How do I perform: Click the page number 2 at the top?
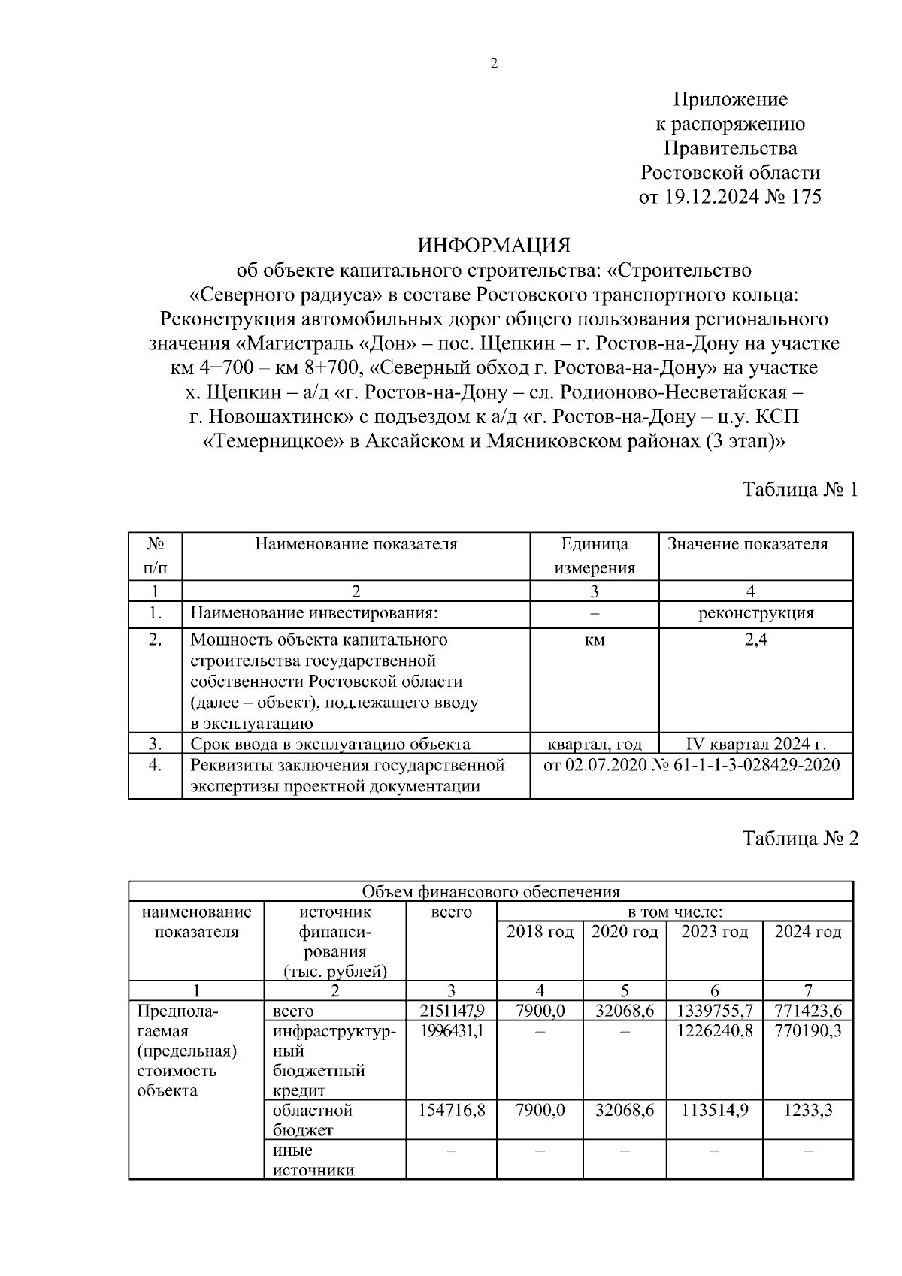(x=494, y=65)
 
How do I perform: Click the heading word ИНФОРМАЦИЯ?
(x=494, y=245)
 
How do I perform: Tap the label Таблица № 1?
(x=800, y=490)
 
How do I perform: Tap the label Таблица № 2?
(x=800, y=838)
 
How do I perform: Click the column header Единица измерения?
(x=595, y=555)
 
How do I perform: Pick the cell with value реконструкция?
(x=755, y=613)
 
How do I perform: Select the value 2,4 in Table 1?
(x=755, y=640)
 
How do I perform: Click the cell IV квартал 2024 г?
(x=755, y=745)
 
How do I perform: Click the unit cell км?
(x=595, y=640)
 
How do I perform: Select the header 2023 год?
(x=714, y=932)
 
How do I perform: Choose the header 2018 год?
(x=540, y=932)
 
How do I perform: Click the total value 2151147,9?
(x=451, y=1011)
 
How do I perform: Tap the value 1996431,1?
(x=451, y=1031)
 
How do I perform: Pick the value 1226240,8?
(x=714, y=1031)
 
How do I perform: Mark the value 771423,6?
(x=808, y=1011)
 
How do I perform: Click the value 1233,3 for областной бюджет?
(x=808, y=1110)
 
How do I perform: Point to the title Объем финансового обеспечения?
(x=491, y=892)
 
